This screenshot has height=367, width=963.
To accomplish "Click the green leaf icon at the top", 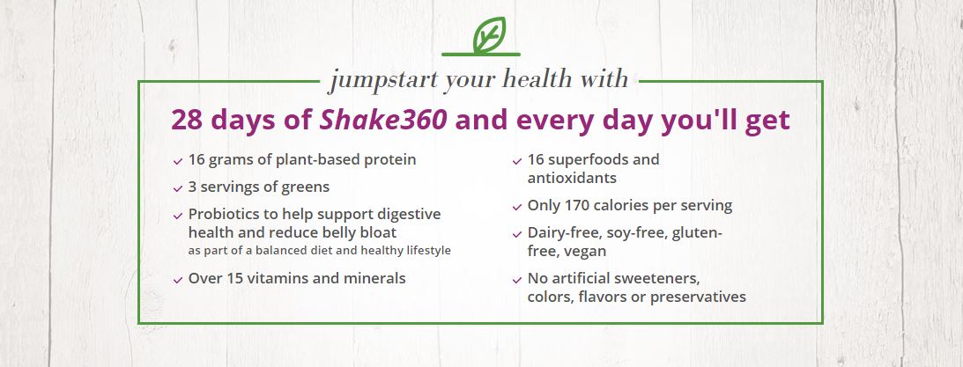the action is coord(489,36).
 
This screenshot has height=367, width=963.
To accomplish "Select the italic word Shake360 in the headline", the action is coord(383,121).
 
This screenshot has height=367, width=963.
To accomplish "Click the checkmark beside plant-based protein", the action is coord(178,161).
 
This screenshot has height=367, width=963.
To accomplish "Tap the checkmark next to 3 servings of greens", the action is coord(178,188).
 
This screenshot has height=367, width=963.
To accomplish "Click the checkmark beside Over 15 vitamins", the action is coord(178,280).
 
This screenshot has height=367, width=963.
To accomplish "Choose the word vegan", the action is coord(588,252).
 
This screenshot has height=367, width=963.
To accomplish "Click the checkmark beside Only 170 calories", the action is coord(517,208).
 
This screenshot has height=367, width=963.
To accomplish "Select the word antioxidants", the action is coord(572,179).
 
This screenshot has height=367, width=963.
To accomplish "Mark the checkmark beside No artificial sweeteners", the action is coord(517,281).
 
